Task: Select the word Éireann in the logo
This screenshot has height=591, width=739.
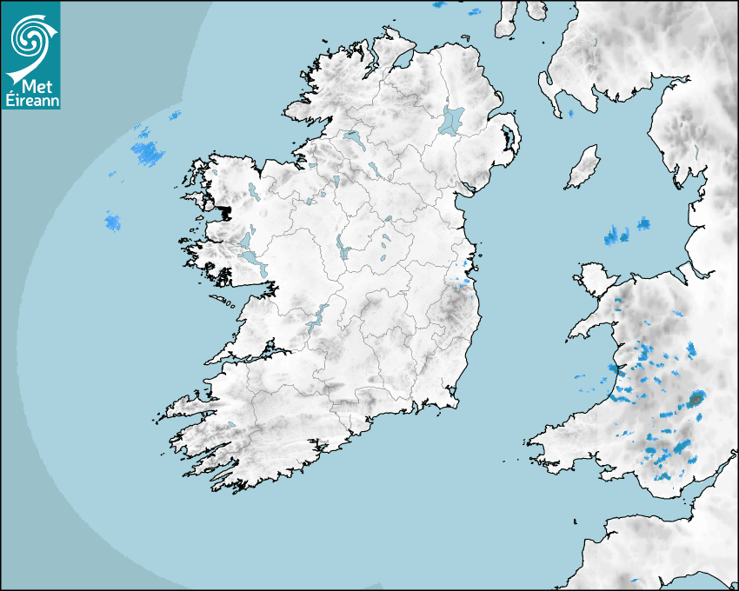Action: [x=30, y=101]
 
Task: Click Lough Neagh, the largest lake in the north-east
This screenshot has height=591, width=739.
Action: [x=451, y=120]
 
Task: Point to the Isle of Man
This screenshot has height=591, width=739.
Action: [x=583, y=168]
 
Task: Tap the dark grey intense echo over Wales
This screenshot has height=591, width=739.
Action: [x=696, y=400]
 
